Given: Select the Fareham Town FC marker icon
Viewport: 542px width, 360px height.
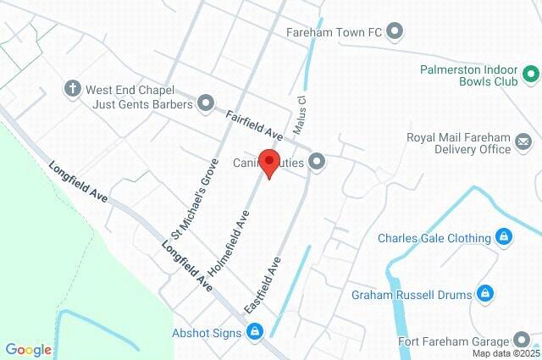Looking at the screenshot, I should [395, 33].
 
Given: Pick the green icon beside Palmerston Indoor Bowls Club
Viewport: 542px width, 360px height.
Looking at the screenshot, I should [529, 77].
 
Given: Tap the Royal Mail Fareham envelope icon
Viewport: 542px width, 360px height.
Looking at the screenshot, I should [523, 143].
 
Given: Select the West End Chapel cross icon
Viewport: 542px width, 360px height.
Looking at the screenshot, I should [73, 87].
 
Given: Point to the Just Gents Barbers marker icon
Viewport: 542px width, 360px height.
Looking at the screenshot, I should [205, 104].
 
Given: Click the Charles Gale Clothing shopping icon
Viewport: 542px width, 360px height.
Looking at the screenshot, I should [504, 237].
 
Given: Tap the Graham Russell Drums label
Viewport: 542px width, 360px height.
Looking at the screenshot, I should [411, 295].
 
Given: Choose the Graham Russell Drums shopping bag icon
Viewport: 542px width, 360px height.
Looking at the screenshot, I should [484, 294].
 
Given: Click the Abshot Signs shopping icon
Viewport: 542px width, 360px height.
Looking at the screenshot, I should [254, 332].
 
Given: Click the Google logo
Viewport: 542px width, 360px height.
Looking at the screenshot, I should [28, 349].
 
